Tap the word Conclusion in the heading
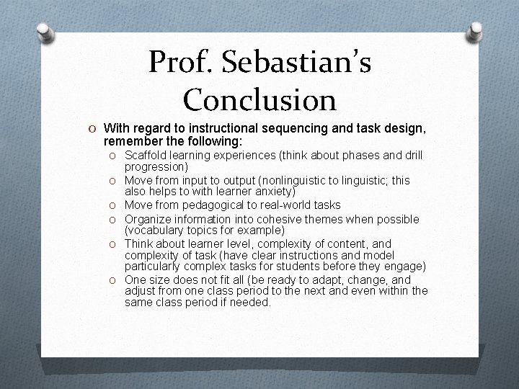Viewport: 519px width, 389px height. (x=259, y=99)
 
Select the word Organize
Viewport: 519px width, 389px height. (x=148, y=218)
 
